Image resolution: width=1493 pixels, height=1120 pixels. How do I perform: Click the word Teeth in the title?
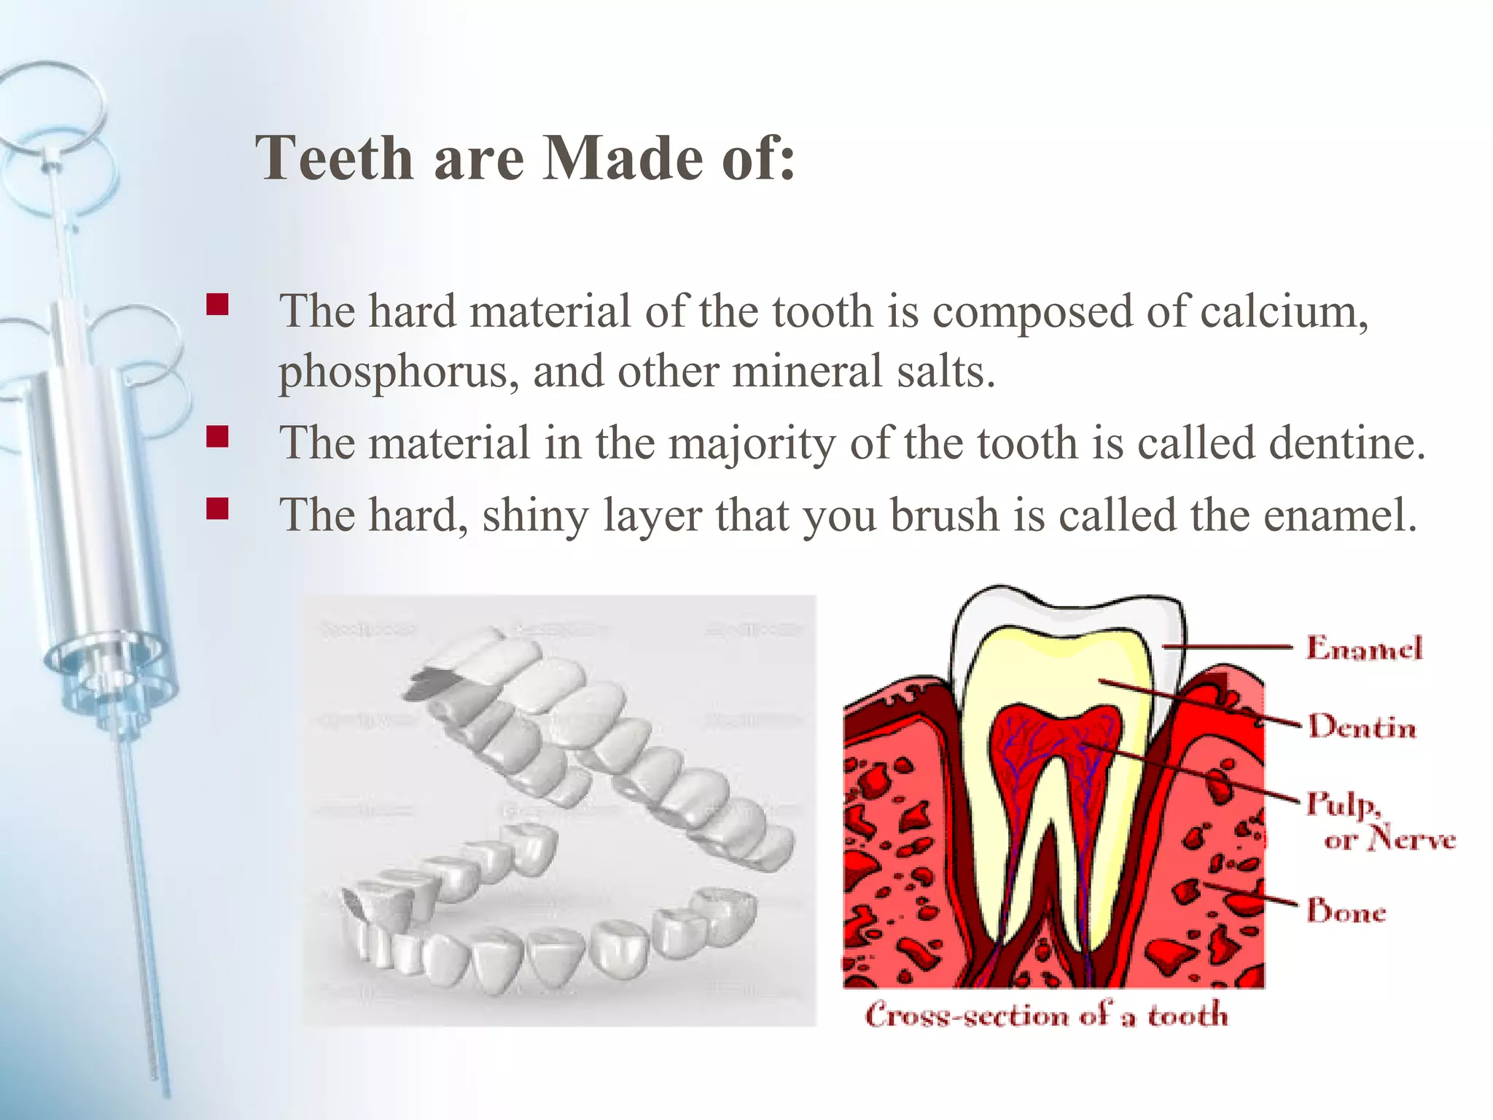(x=335, y=158)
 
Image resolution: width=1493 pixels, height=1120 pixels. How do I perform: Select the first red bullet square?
(x=217, y=304)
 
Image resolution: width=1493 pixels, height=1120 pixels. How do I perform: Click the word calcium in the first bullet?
(x=1284, y=311)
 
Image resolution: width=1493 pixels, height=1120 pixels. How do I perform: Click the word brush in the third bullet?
(x=944, y=515)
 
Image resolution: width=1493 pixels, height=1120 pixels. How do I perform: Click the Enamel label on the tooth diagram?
(x=1363, y=647)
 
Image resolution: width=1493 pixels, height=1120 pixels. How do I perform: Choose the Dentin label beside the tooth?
(x=1362, y=726)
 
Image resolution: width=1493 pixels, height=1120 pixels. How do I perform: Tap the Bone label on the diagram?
(x=1346, y=911)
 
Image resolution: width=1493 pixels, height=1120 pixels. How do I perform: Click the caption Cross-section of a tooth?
(x=1046, y=1014)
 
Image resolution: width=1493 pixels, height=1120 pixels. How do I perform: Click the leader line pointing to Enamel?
(x=1232, y=646)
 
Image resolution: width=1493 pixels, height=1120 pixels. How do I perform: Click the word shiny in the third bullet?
(x=535, y=515)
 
